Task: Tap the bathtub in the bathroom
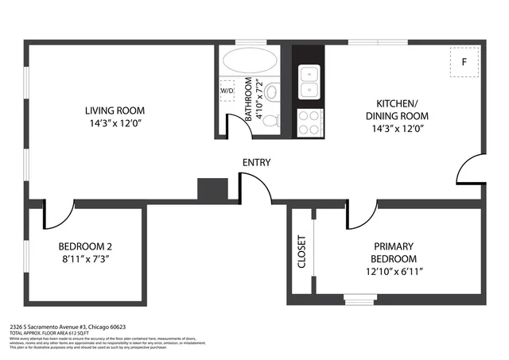coord(247,62)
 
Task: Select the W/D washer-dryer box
coord(227,90)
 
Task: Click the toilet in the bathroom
coord(271,120)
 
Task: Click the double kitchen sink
coord(309,77)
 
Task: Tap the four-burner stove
coord(309,121)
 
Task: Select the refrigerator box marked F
coord(464,61)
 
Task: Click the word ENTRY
coord(256,163)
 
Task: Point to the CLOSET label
coord(301,252)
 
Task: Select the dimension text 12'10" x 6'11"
coord(394,272)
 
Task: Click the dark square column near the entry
coord(212,188)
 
